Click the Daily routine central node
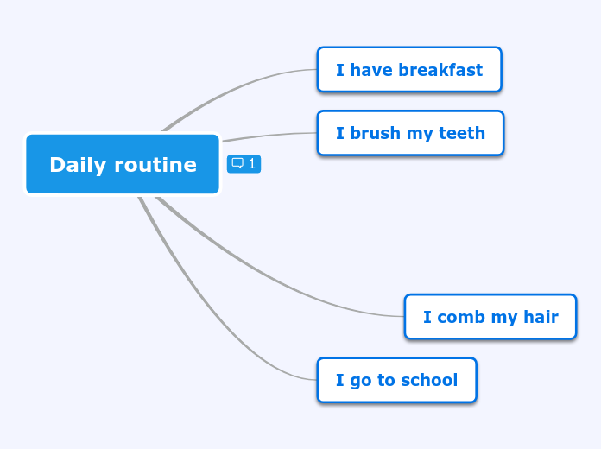point(123,164)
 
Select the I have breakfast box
point(408,70)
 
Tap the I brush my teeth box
point(410,133)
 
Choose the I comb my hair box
point(490,317)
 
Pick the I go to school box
point(396,380)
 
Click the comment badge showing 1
point(244,163)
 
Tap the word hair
point(541,317)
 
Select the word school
point(429,380)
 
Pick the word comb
point(460,317)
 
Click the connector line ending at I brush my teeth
point(268,135)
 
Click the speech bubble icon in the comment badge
point(237,163)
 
